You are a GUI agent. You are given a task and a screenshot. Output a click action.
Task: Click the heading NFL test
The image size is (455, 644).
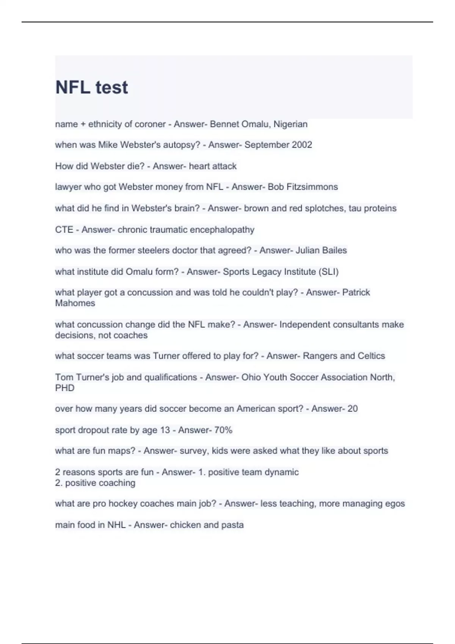tap(91, 88)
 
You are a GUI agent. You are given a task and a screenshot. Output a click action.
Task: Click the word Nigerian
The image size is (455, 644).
tap(290, 124)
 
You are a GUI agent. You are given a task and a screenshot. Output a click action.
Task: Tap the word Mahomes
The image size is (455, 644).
tap(75, 303)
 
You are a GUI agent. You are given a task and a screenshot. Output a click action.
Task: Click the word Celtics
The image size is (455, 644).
tap(371, 356)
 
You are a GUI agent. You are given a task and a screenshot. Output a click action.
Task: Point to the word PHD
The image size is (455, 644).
tap(65, 388)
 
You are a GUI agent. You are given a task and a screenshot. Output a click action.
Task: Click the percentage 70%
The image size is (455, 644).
tap(223, 430)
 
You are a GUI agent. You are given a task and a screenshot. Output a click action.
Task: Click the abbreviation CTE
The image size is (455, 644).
tap(64, 230)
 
